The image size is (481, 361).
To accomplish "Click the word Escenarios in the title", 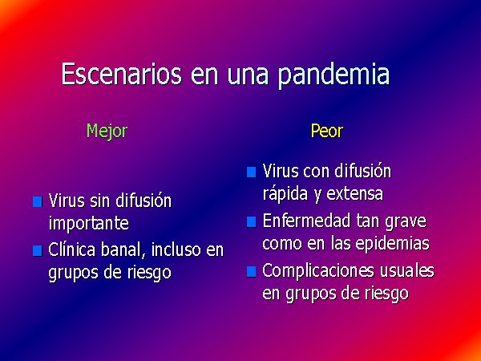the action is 122,74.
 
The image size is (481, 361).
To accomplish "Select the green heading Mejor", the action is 107,132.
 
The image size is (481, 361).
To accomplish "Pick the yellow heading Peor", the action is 327,131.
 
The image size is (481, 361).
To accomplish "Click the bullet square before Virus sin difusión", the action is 38,201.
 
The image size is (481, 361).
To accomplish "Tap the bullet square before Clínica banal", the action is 38,251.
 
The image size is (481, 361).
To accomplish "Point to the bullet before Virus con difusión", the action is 251,172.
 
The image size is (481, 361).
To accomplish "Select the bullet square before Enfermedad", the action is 251,221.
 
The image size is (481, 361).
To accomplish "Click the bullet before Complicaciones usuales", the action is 251,272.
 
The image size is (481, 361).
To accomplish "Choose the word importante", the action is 89,223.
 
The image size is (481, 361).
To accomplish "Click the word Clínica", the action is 72,249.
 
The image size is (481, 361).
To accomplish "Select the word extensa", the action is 354,194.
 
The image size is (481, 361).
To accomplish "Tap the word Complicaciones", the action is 318,272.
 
